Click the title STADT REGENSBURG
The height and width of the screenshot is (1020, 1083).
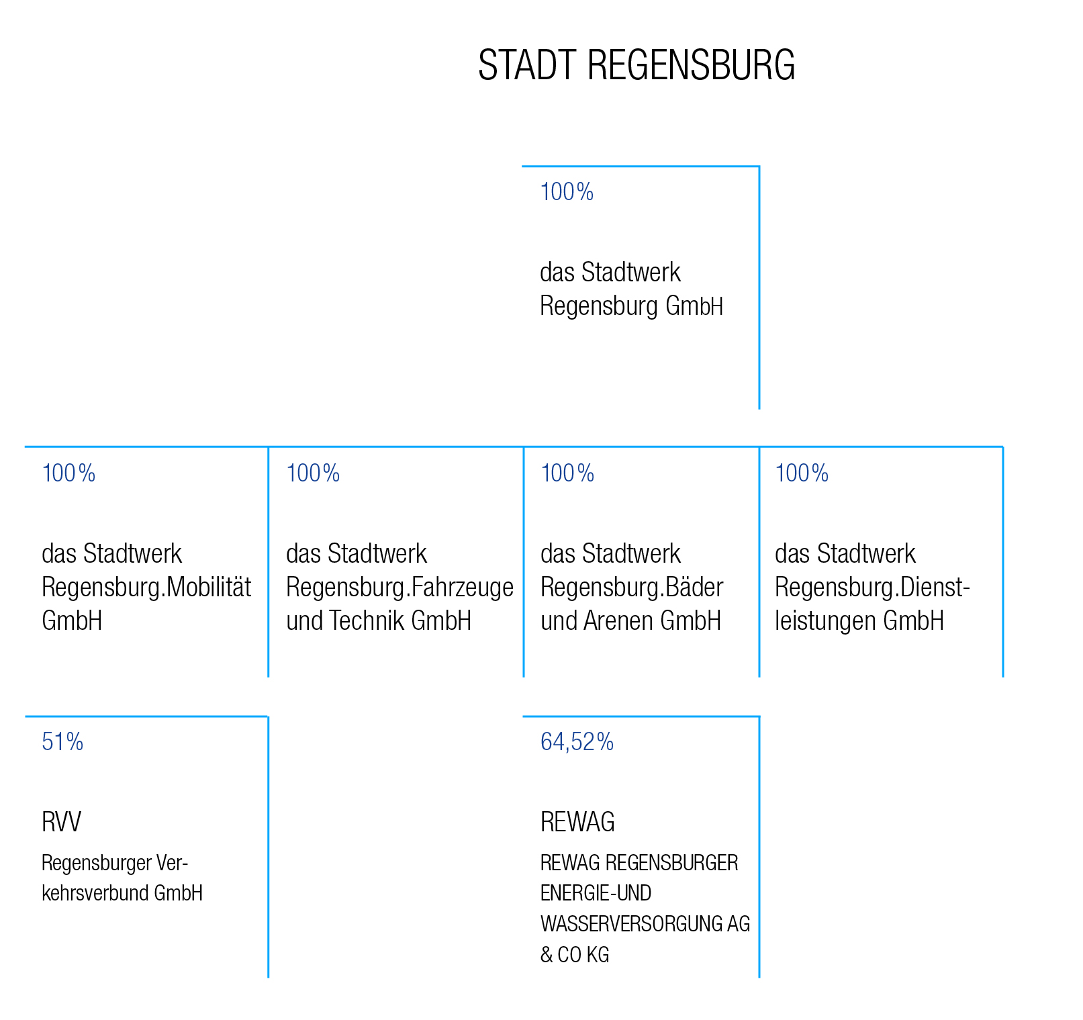(x=637, y=65)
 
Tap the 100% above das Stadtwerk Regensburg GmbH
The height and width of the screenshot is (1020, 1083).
(x=567, y=192)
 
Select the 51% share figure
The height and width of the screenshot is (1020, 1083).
(x=62, y=742)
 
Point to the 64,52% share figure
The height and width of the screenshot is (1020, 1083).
(x=577, y=742)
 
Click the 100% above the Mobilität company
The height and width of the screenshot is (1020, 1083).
(x=68, y=473)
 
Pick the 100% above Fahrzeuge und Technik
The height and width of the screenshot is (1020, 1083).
(x=313, y=473)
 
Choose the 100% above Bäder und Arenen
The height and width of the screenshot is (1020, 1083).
(x=567, y=473)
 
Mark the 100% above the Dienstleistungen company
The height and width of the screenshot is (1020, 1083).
(x=802, y=473)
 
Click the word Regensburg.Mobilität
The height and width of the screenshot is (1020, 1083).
(x=146, y=588)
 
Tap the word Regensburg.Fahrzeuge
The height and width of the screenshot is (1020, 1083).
(x=400, y=588)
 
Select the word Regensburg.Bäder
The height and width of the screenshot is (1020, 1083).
(x=632, y=588)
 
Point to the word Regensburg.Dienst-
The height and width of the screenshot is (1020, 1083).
(x=873, y=588)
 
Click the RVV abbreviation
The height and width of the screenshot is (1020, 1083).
(x=61, y=822)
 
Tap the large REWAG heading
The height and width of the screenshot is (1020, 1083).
(x=577, y=822)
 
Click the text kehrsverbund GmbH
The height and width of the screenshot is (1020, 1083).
(x=122, y=893)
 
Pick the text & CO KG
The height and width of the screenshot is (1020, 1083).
(x=575, y=955)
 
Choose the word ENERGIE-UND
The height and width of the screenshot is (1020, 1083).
(x=596, y=893)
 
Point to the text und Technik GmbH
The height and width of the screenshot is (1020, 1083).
(x=379, y=620)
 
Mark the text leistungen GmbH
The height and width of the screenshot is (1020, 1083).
(x=859, y=620)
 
